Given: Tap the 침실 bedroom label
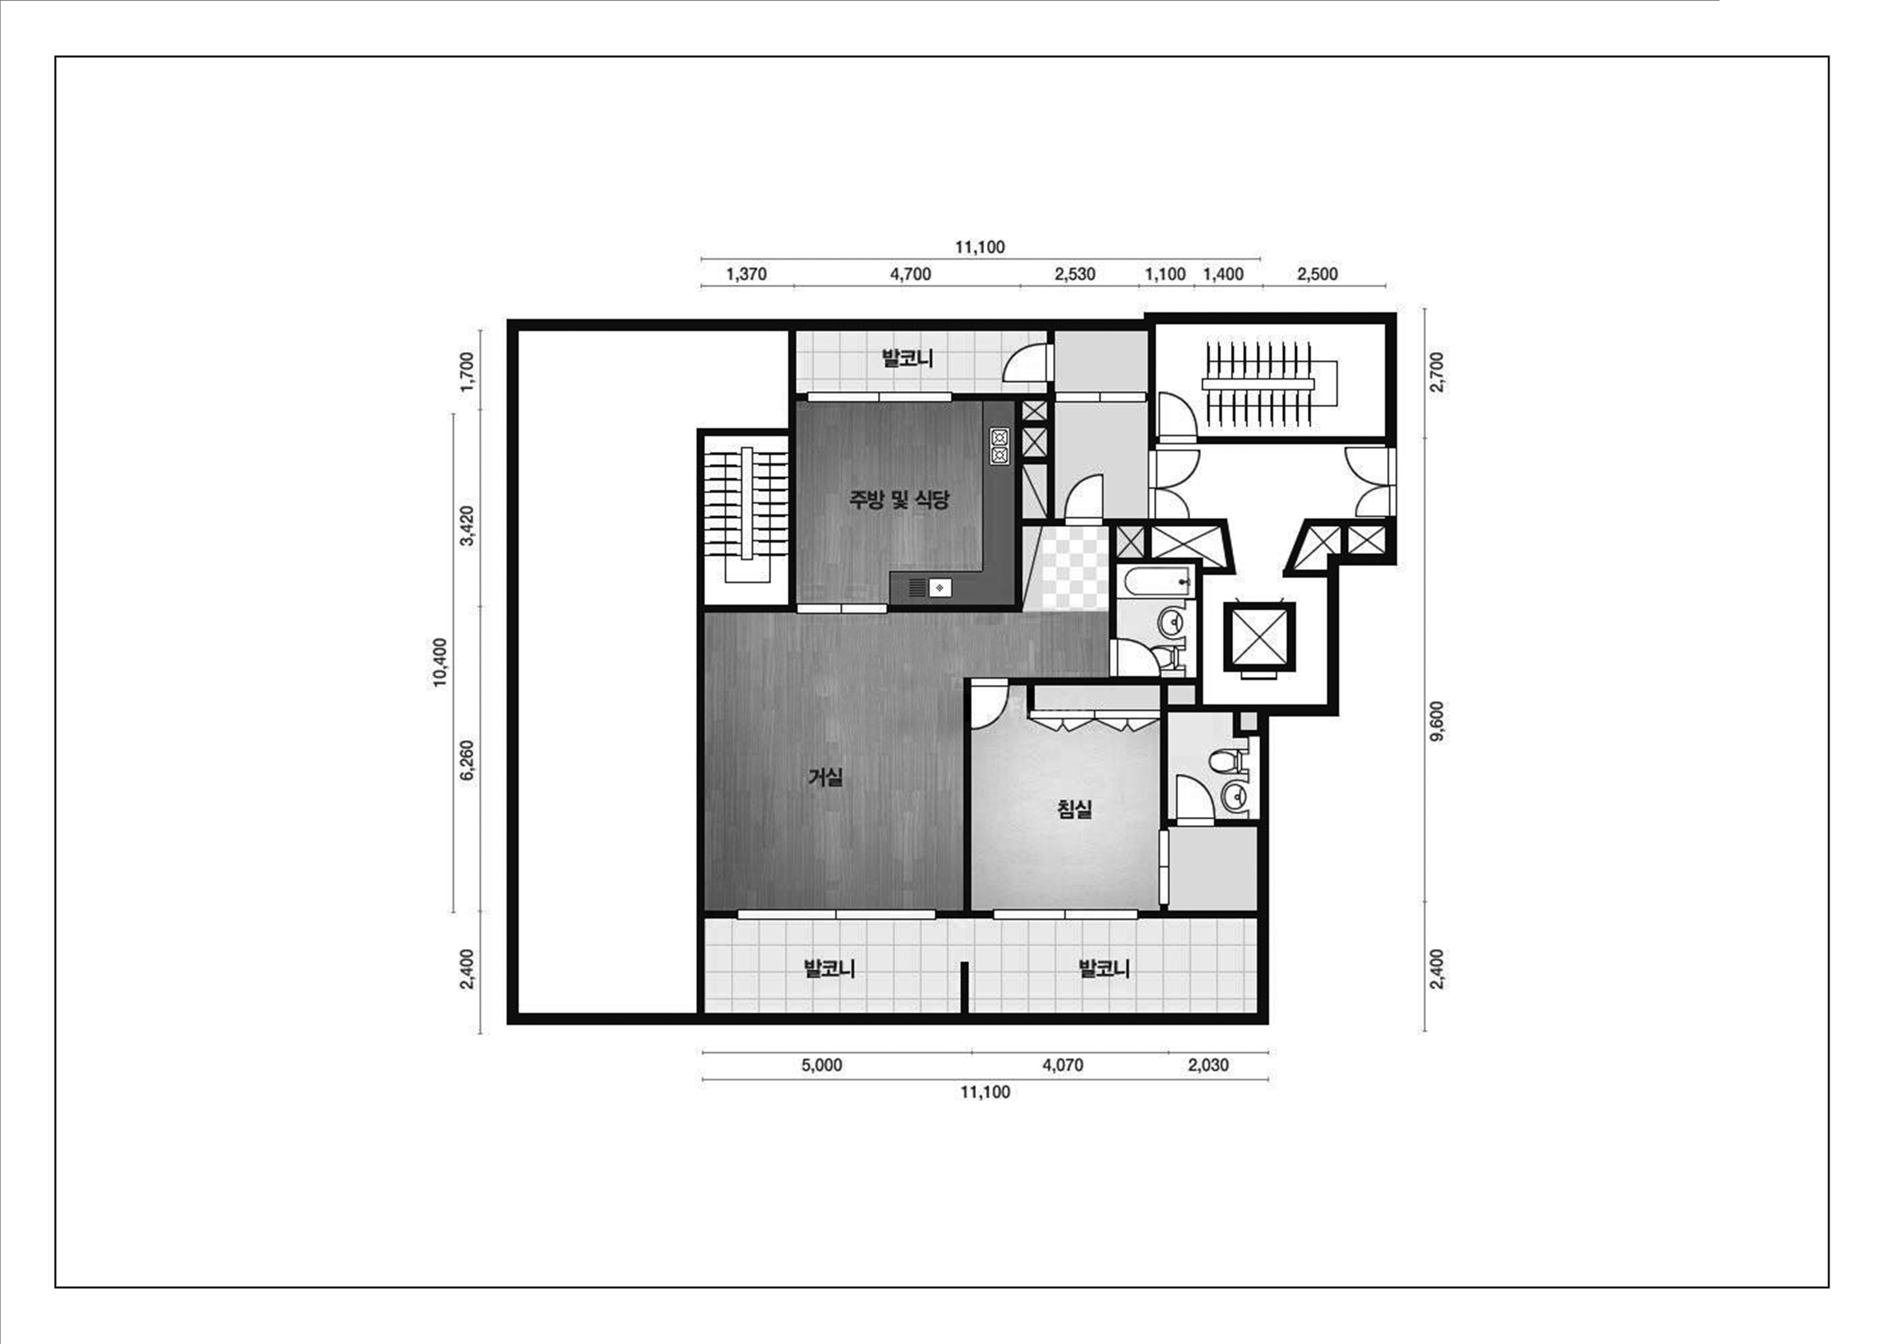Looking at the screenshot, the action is pyautogui.click(x=1075, y=809).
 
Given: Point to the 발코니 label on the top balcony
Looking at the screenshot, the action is pyautogui.click(x=907, y=359).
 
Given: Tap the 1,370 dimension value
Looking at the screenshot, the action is pyautogui.click(x=746, y=274).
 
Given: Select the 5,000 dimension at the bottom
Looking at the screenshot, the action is pyautogui.click(x=821, y=1065).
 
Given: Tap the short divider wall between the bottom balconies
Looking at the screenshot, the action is pyautogui.click(x=964, y=986).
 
